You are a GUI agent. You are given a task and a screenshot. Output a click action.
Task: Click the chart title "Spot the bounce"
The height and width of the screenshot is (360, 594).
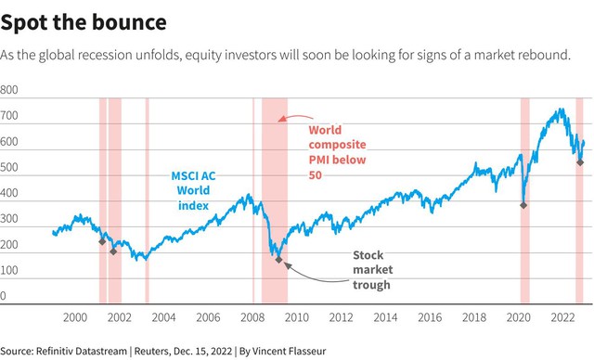pyautogui.click(x=84, y=22)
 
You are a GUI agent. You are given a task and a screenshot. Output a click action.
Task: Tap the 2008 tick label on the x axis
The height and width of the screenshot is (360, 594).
pyautogui.click(x=252, y=317)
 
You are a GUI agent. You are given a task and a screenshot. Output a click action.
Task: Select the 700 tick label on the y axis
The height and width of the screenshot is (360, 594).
pyautogui.click(x=9, y=115)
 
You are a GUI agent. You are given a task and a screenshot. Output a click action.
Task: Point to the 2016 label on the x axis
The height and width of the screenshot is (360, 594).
pyautogui.click(x=430, y=317)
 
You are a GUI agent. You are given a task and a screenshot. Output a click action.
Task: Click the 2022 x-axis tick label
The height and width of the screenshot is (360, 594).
pyautogui.click(x=562, y=317)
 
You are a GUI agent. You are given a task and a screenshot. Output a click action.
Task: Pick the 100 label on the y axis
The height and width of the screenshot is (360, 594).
pyautogui.click(x=9, y=270)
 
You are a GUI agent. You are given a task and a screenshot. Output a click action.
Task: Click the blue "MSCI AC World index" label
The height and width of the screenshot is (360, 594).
pyautogui.click(x=193, y=191)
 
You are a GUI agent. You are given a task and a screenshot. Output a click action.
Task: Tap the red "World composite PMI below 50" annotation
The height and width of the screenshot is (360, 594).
pyautogui.click(x=337, y=152)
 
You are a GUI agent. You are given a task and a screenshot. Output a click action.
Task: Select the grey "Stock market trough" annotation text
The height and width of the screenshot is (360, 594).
pyautogui.click(x=373, y=269)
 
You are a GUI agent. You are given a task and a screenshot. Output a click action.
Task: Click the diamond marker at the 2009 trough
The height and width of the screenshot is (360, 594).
pyautogui.click(x=278, y=260)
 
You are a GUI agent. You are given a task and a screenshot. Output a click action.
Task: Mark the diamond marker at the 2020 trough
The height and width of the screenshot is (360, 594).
pyautogui.click(x=523, y=205)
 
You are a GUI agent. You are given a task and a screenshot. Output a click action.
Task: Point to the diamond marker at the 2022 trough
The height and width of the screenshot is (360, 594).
pyautogui.click(x=580, y=162)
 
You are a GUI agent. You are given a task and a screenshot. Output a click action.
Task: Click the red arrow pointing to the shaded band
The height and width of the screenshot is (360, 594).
pyautogui.click(x=295, y=117)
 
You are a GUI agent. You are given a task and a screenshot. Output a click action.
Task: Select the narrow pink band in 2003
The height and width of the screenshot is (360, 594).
pyautogui.click(x=147, y=200)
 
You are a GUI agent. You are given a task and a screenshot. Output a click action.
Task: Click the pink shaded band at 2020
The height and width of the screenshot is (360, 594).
pyautogui.click(x=524, y=200)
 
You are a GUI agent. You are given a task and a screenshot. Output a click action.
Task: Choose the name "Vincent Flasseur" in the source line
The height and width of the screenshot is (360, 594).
pyautogui.click(x=289, y=351)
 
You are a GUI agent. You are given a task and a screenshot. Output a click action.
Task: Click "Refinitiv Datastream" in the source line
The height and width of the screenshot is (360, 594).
pyautogui.click(x=82, y=351)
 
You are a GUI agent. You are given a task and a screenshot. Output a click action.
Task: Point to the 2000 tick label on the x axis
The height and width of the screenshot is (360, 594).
pyautogui.click(x=75, y=317)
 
